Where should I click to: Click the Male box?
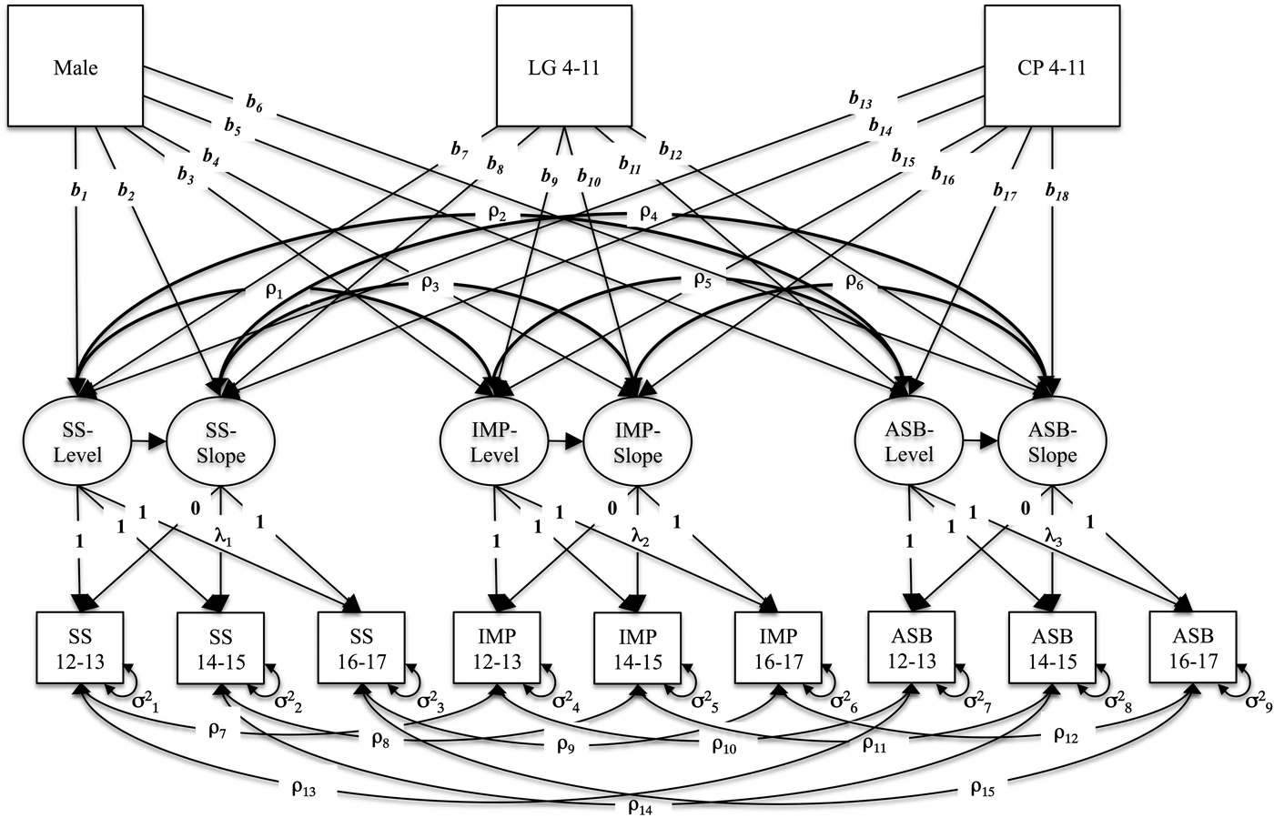(x=76, y=66)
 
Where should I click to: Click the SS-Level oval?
(x=76, y=441)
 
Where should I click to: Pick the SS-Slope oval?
(x=220, y=441)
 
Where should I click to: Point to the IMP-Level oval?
(x=494, y=441)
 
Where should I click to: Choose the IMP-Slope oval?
(x=636, y=441)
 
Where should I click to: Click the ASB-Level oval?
(x=910, y=441)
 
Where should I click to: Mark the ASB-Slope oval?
(x=1053, y=441)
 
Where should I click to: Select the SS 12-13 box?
(x=79, y=648)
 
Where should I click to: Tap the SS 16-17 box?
(x=361, y=648)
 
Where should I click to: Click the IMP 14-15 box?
(x=636, y=648)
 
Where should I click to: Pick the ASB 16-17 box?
(x=1193, y=648)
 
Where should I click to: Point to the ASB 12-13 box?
(x=912, y=648)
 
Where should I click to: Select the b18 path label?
(x=1057, y=193)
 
